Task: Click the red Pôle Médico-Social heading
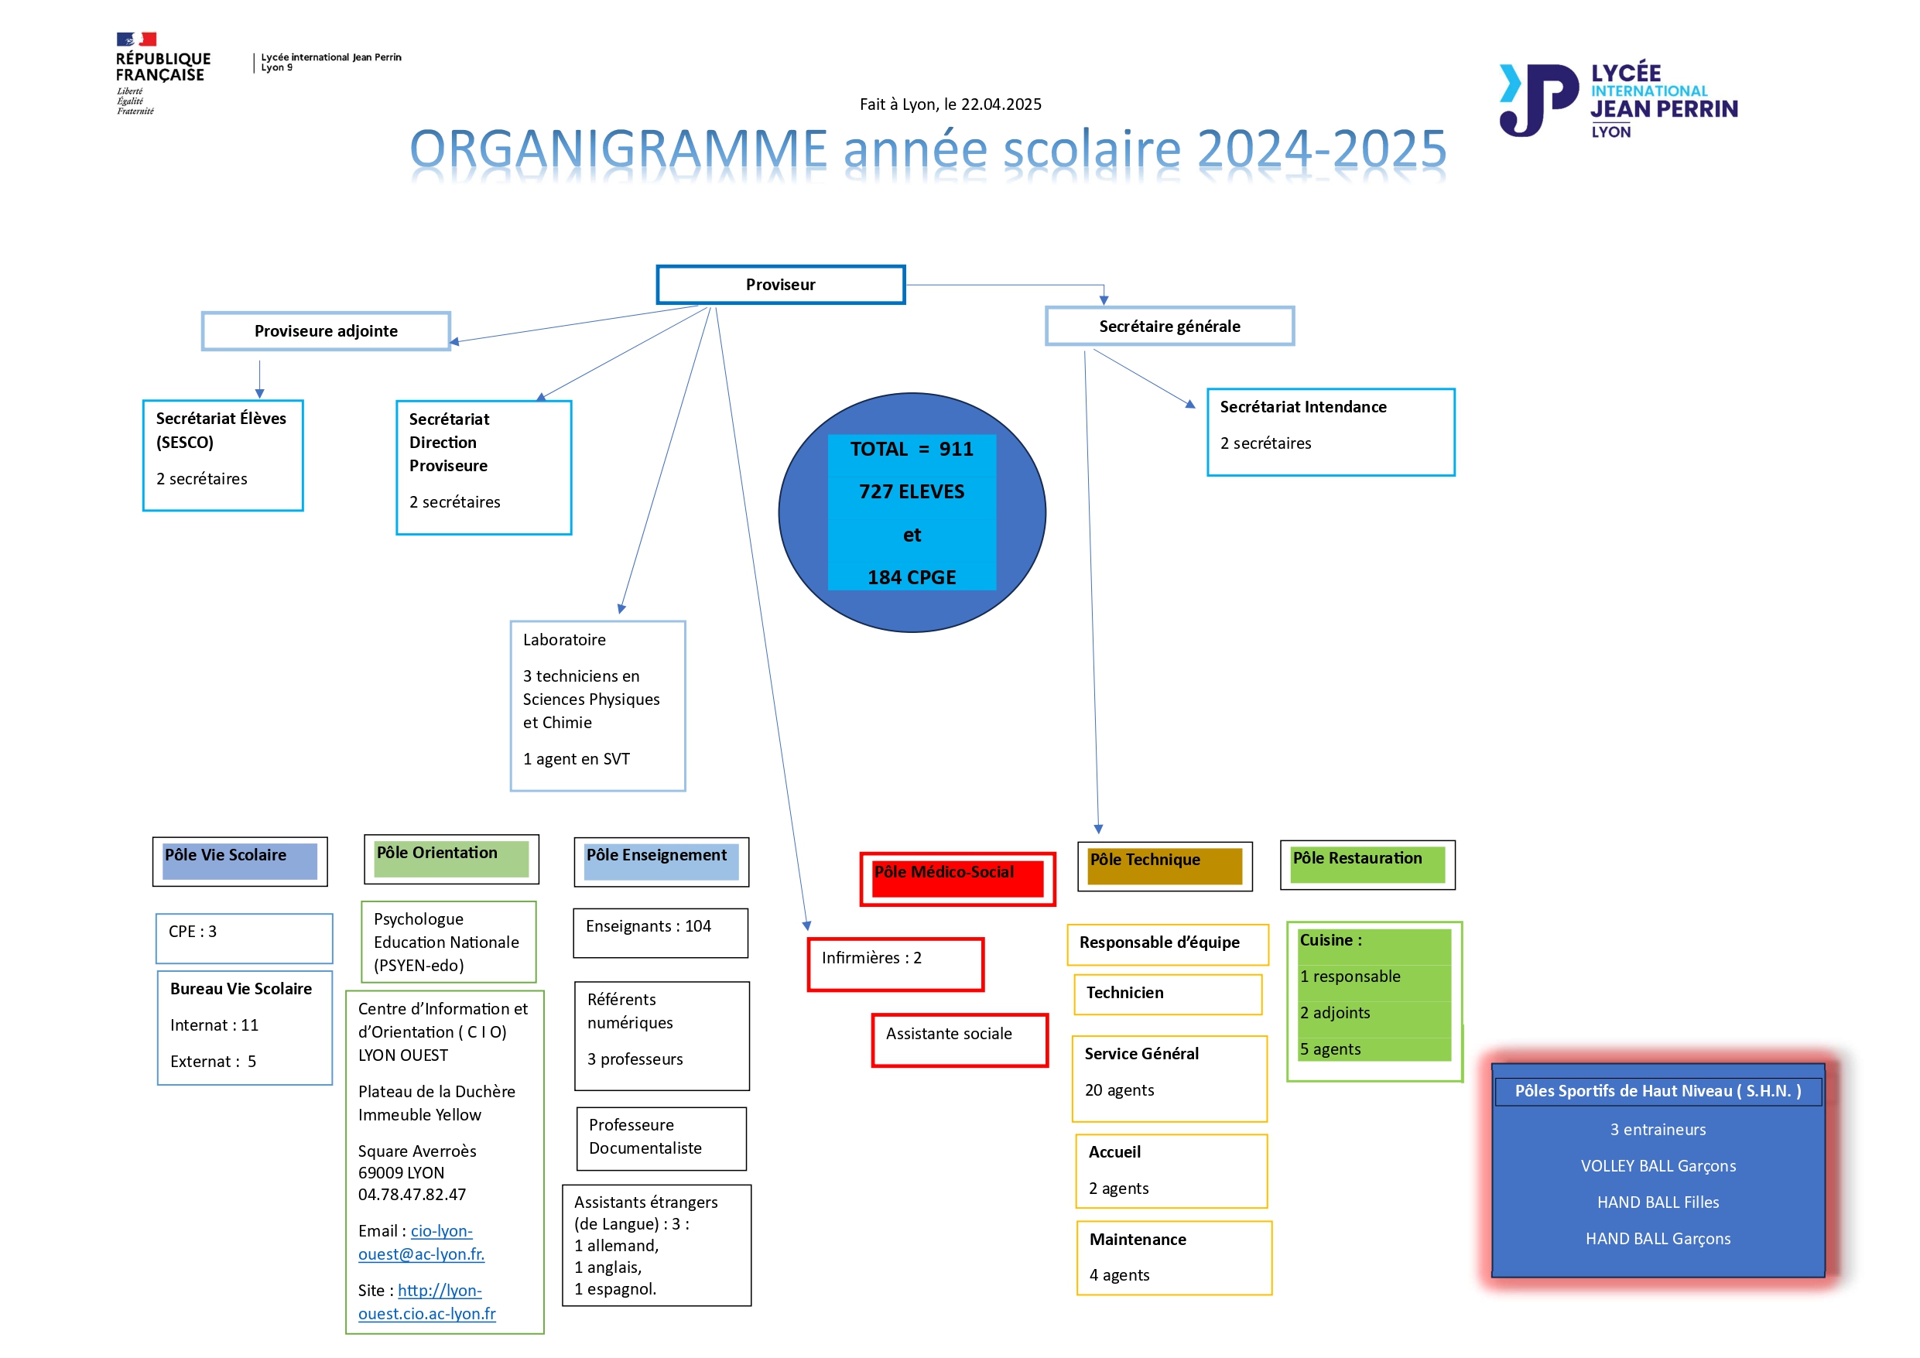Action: tap(957, 878)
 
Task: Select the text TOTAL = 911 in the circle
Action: tap(912, 449)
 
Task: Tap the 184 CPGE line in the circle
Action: tap(912, 577)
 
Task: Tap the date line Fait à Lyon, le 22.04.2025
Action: tap(951, 104)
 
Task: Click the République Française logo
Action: tap(163, 74)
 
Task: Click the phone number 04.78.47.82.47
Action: tap(412, 1194)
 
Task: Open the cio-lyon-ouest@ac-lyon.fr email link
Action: tap(422, 1242)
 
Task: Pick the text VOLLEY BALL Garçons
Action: tap(1658, 1165)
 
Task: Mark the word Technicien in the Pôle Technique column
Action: tap(1124, 993)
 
